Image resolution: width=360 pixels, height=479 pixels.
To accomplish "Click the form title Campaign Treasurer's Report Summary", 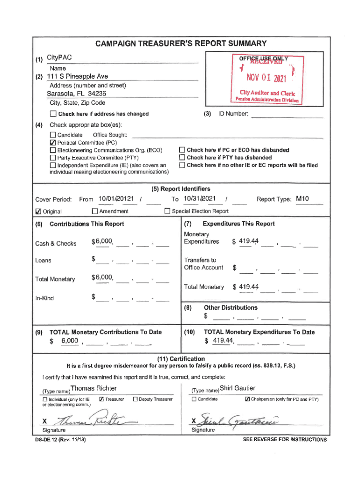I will [x=180, y=44].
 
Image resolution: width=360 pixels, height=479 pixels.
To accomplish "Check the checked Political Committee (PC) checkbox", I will [x=53, y=143].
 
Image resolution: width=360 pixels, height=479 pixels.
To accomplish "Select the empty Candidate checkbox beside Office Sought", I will [x=53, y=135].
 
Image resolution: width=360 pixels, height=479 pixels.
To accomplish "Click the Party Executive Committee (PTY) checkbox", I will [x=53, y=158].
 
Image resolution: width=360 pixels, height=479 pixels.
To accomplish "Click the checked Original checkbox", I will [x=39, y=211].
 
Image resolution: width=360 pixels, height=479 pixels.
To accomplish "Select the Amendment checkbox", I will [x=95, y=211].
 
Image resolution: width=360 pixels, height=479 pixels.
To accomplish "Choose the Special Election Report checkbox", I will [x=167, y=211].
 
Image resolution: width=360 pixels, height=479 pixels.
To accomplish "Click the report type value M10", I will [x=302, y=199].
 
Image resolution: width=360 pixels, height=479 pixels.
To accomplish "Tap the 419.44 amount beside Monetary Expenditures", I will [x=248, y=241].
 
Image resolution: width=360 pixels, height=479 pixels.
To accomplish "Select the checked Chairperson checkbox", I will [x=247, y=399].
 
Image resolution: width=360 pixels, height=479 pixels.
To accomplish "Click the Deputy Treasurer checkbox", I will [x=136, y=399].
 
